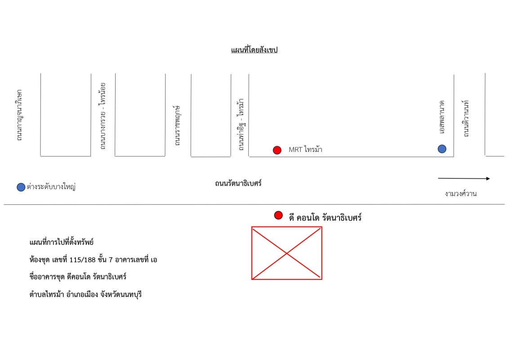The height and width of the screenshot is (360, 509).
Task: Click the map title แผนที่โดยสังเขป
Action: [x=254, y=49]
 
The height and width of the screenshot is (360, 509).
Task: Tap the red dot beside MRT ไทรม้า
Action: [x=277, y=150]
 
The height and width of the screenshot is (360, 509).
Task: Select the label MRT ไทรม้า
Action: [x=305, y=149]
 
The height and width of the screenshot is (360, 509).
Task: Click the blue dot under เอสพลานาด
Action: [x=442, y=149]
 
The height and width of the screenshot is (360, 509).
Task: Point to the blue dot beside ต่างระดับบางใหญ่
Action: [x=21, y=187]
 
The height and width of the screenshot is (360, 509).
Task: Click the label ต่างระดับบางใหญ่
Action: [x=51, y=187]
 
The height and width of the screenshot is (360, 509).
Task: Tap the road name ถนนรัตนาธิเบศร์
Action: [x=238, y=183]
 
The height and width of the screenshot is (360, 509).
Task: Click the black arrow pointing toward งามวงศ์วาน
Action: [x=464, y=178]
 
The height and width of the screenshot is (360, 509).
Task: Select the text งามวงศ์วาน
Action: [x=460, y=193]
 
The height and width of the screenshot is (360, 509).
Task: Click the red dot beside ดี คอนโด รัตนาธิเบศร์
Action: [x=278, y=216]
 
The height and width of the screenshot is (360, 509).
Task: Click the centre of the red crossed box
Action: [x=286, y=253]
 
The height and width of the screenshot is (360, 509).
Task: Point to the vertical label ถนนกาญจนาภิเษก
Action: [x=19, y=115]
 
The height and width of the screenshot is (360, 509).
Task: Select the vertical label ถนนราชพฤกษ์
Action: [x=177, y=126]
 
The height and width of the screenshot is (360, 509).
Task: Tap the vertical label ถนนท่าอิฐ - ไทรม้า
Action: [x=241, y=125]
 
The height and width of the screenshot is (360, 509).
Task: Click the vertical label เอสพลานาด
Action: [x=442, y=117]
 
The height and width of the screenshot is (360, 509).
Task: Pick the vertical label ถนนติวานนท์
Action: [x=466, y=119]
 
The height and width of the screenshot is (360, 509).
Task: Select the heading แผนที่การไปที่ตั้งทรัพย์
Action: [x=61, y=243]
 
